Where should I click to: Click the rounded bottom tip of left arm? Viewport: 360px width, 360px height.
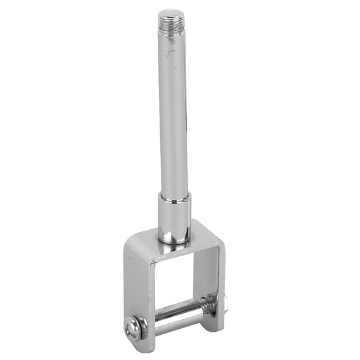(x=139, y=348)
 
